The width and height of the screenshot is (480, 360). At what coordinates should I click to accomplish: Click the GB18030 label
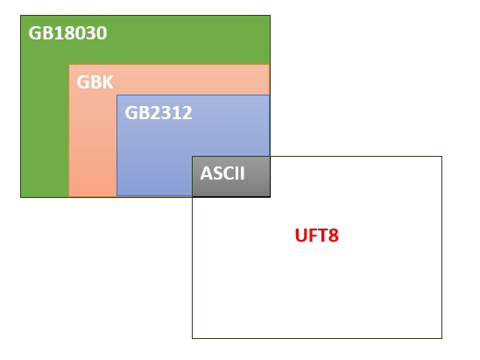coord(67,32)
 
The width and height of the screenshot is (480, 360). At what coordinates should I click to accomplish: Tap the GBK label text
coord(95,81)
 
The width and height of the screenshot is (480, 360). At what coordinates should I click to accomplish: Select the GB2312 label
coord(159,112)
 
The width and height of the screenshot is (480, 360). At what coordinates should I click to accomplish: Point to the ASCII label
coord(222,173)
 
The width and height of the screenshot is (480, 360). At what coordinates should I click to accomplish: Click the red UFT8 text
coord(317,235)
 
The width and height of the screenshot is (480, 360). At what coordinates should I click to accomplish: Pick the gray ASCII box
coord(231,176)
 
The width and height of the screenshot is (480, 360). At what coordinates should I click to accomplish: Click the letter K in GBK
coord(108,81)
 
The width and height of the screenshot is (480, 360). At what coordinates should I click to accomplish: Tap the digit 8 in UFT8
coord(334,235)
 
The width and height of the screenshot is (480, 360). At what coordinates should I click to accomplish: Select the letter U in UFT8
coord(300,235)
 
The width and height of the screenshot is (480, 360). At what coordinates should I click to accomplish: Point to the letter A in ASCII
coord(206,173)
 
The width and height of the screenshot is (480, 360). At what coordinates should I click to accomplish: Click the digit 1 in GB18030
coord(59,32)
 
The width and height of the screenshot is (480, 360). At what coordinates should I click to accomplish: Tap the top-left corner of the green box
coord(21,15)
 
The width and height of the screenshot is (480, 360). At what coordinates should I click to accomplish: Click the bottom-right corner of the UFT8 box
coord(441,338)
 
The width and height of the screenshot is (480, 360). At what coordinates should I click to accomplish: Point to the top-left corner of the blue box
coord(117,95)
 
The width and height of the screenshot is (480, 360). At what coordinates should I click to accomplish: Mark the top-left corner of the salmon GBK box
coord(69,65)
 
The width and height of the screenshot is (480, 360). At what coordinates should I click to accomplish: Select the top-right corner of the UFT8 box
coord(441,157)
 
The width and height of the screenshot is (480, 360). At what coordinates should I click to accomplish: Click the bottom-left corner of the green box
coord(21,197)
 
